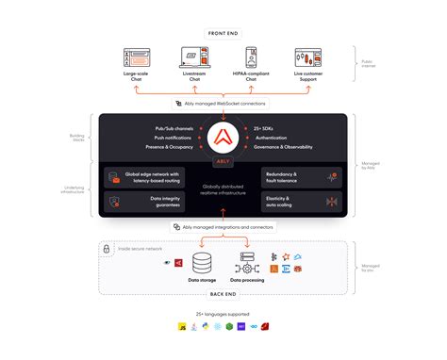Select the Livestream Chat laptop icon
(194, 58)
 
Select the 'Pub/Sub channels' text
(174, 128)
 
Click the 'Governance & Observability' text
(284, 147)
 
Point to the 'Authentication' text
(273, 138)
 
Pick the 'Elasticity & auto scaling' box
(303, 201)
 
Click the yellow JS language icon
(180, 327)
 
